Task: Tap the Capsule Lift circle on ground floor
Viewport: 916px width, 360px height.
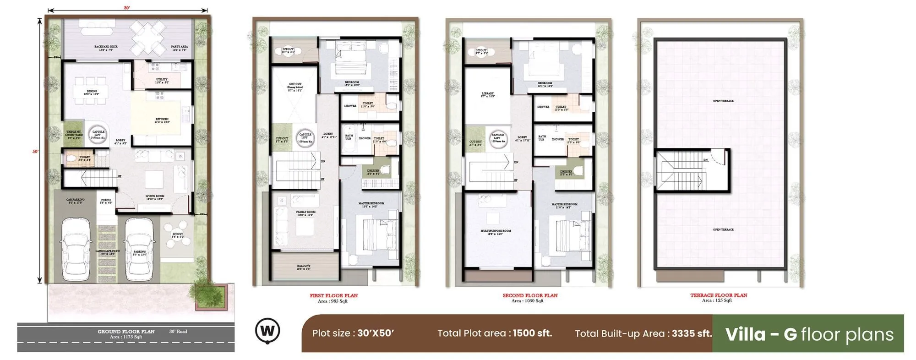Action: (x=98, y=134)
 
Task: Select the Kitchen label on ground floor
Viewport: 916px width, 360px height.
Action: (x=162, y=120)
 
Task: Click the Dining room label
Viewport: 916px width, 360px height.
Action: (x=92, y=92)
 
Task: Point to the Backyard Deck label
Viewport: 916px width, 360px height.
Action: (x=106, y=48)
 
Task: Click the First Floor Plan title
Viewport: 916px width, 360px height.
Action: (x=333, y=295)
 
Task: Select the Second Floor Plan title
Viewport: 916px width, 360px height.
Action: (x=530, y=295)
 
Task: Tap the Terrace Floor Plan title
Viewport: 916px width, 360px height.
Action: (x=719, y=295)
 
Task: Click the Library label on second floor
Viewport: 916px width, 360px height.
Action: (x=488, y=94)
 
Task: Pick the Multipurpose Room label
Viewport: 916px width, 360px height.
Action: (x=496, y=232)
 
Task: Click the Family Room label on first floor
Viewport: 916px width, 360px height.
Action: (x=305, y=213)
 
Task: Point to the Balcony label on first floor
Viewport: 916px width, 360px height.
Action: (x=304, y=267)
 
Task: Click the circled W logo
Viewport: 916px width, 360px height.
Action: (x=267, y=330)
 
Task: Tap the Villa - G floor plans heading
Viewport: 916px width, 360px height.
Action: (x=809, y=334)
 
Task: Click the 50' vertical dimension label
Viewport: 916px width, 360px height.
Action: (x=35, y=152)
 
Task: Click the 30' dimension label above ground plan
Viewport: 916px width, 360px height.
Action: (x=127, y=8)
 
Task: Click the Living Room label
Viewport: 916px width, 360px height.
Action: (x=155, y=197)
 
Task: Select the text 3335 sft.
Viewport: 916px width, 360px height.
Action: (x=692, y=333)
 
